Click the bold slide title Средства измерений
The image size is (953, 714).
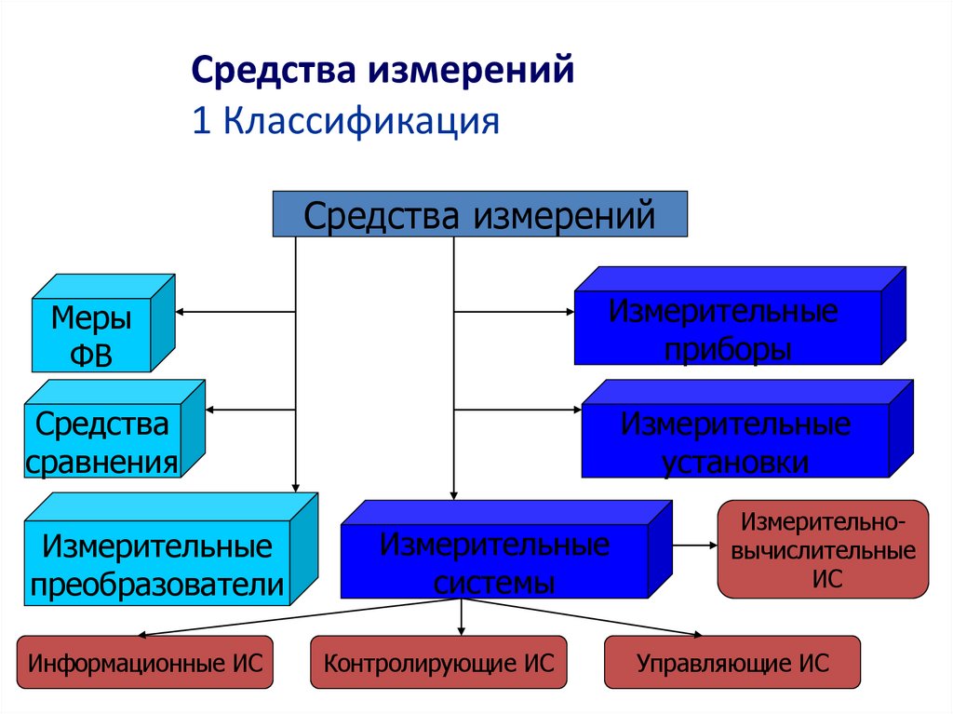[x=382, y=72]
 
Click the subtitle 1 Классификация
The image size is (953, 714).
[x=345, y=122]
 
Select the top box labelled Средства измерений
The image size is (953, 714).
[x=479, y=215]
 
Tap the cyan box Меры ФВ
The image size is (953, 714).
[x=91, y=336]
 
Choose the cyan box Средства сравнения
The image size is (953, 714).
[x=102, y=443]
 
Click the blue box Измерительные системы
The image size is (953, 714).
[x=493, y=560]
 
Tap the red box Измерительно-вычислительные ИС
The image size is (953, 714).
[x=823, y=549]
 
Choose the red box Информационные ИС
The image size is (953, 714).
[x=145, y=663]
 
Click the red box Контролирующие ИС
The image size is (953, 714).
[x=438, y=663]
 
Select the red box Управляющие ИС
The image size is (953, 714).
[x=732, y=663]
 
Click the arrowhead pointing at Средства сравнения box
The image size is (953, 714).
[x=213, y=409]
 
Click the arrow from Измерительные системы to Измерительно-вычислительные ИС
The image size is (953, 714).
[x=693, y=545]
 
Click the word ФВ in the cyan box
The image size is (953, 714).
[x=91, y=356]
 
